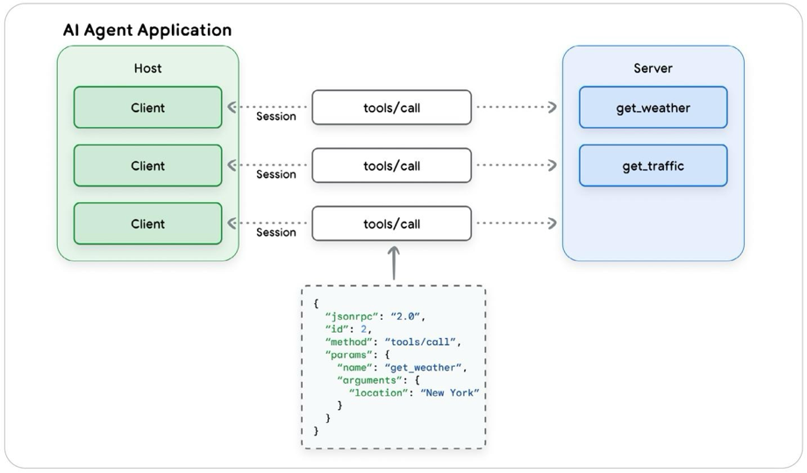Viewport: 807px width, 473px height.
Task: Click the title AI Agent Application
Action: [146, 30]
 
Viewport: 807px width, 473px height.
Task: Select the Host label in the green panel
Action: [147, 68]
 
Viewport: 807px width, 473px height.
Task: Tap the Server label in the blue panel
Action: [653, 68]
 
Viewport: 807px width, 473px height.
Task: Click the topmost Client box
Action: [147, 108]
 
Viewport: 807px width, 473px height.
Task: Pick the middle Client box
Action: [147, 166]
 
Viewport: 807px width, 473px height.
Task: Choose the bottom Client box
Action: [147, 223]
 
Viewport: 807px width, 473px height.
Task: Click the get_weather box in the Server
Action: [653, 108]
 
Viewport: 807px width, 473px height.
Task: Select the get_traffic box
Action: [653, 166]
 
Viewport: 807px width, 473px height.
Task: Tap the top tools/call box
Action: [391, 108]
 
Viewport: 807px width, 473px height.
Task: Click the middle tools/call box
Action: [391, 166]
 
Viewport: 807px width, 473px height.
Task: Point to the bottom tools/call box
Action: [391, 223]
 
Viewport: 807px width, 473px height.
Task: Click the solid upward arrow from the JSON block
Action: [394, 263]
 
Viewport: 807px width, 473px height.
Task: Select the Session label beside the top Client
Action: [275, 116]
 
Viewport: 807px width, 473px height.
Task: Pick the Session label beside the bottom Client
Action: [275, 233]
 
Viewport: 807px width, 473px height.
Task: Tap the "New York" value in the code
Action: [450, 392]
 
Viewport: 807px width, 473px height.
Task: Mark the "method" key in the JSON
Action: [348, 342]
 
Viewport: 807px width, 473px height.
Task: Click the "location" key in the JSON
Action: [378, 392]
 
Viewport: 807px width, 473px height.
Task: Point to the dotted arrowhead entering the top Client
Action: [232, 107]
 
